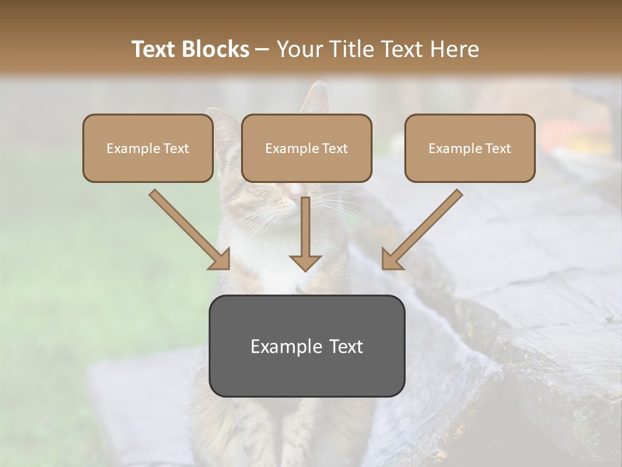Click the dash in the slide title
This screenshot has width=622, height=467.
(x=262, y=49)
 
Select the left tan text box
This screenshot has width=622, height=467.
(x=148, y=148)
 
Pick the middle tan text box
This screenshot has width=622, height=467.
(x=306, y=148)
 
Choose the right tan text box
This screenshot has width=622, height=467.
(x=470, y=148)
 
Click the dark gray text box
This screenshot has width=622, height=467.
(x=306, y=346)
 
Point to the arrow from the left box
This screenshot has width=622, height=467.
(x=188, y=228)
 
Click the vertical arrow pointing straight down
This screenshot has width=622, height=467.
(x=305, y=233)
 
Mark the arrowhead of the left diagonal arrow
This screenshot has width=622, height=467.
(x=220, y=260)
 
